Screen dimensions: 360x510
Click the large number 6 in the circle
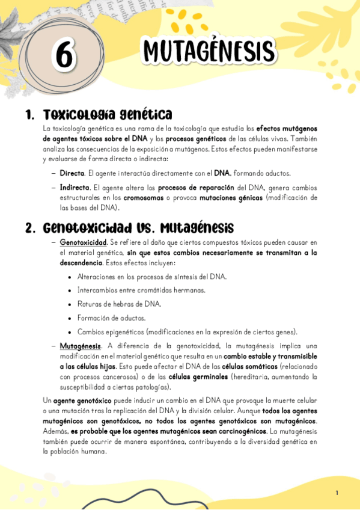point(64,56)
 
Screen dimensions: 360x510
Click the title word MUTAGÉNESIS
point(209,51)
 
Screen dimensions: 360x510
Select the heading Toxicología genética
point(108,114)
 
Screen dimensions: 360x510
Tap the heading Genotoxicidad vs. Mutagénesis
point(138,228)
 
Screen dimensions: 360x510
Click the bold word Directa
point(72,173)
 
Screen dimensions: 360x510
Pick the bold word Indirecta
point(75,187)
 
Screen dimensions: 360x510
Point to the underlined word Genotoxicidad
point(84,242)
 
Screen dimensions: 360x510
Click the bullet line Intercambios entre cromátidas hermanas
point(141,290)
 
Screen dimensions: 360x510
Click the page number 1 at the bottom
point(337,493)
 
